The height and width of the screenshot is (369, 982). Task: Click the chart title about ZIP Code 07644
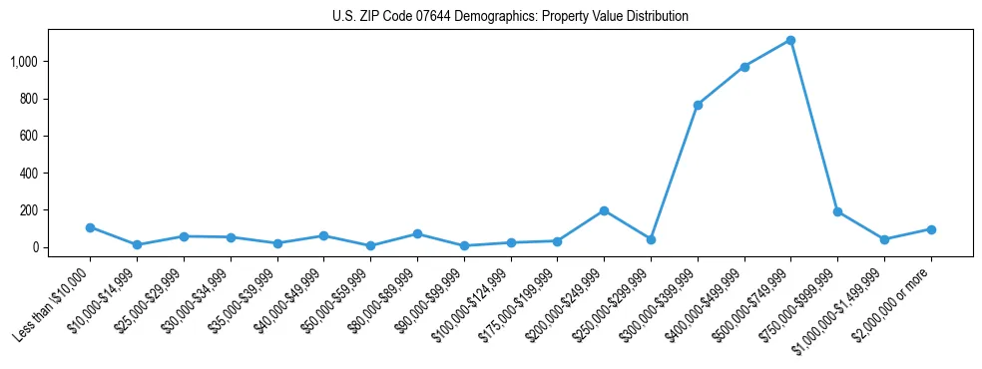pyautogui.click(x=510, y=17)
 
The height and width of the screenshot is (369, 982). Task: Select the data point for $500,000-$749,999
pyautogui.click(x=790, y=40)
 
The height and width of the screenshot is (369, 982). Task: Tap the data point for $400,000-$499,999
pyautogui.click(x=744, y=67)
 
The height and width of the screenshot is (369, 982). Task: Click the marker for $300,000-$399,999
pyautogui.click(x=698, y=105)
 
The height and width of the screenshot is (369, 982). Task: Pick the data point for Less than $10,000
pyautogui.click(x=90, y=227)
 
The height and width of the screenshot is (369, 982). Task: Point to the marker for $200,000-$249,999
pyautogui.click(x=604, y=210)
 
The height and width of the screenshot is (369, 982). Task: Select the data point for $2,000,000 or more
pyautogui.click(x=931, y=229)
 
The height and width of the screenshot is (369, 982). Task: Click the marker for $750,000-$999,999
pyautogui.click(x=837, y=211)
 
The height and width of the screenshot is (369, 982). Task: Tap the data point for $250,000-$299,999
pyautogui.click(x=651, y=239)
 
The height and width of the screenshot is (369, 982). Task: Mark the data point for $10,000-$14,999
pyautogui.click(x=137, y=244)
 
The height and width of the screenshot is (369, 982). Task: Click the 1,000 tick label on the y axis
pyautogui.click(x=24, y=62)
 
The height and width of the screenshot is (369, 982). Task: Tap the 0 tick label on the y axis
pyautogui.click(x=35, y=247)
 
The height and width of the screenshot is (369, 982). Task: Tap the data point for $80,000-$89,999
pyautogui.click(x=417, y=233)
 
